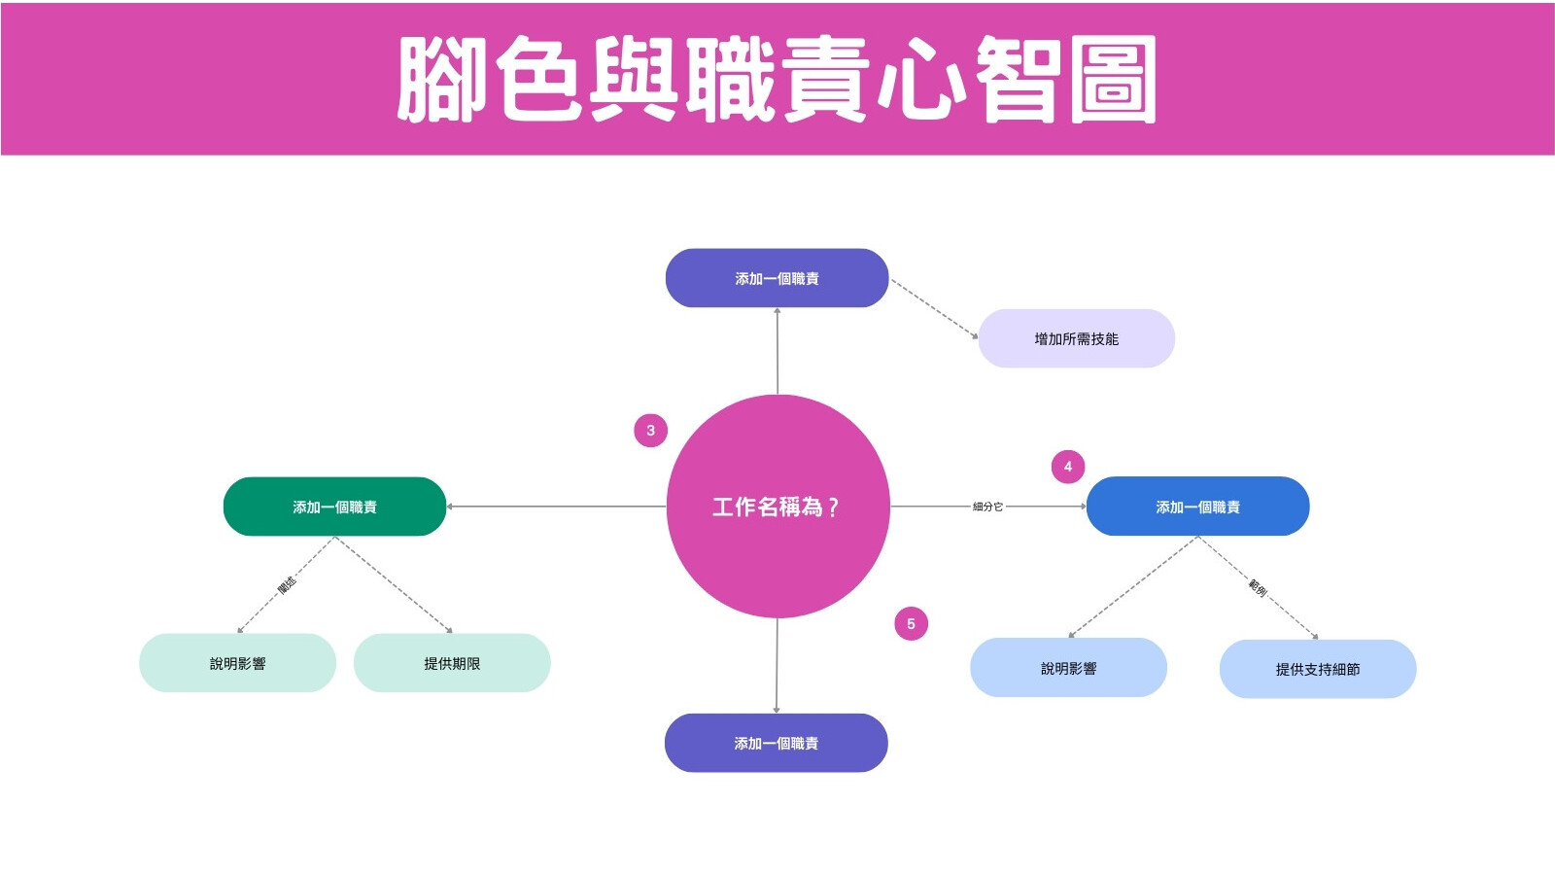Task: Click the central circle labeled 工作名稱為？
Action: (777, 507)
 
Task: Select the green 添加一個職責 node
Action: (334, 507)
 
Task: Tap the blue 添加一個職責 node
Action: (1197, 507)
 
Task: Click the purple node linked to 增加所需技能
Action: (777, 278)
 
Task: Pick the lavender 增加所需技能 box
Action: (1076, 339)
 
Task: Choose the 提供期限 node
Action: (452, 663)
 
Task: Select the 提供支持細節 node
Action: (1318, 669)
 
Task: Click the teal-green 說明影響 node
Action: (237, 663)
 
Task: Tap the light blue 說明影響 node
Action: (1068, 668)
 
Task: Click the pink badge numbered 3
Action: (650, 431)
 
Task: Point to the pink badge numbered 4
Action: (1068, 467)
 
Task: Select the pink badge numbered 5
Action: (911, 623)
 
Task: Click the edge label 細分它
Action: (987, 507)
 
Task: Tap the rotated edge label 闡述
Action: (287, 584)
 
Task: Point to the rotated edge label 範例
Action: (1258, 587)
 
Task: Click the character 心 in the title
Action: (921, 79)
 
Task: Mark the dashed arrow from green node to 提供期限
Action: (394, 584)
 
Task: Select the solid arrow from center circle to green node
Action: (556, 507)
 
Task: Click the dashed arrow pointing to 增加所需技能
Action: (934, 309)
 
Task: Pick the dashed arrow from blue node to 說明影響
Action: (1133, 587)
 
